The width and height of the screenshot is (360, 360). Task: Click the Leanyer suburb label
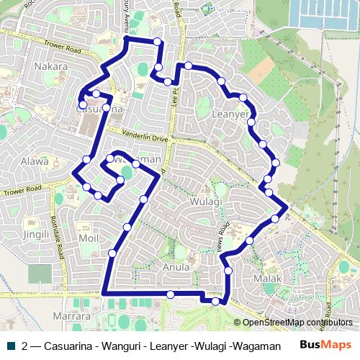(231, 114)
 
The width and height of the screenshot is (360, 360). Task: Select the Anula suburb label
(176, 266)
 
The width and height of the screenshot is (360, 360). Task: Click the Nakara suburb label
(50, 67)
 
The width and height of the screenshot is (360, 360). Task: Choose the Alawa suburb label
(35, 162)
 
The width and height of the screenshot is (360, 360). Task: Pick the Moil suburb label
(89, 238)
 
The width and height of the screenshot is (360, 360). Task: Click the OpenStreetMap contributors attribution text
(297, 323)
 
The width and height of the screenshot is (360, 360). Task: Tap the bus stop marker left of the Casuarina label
(83, 105)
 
